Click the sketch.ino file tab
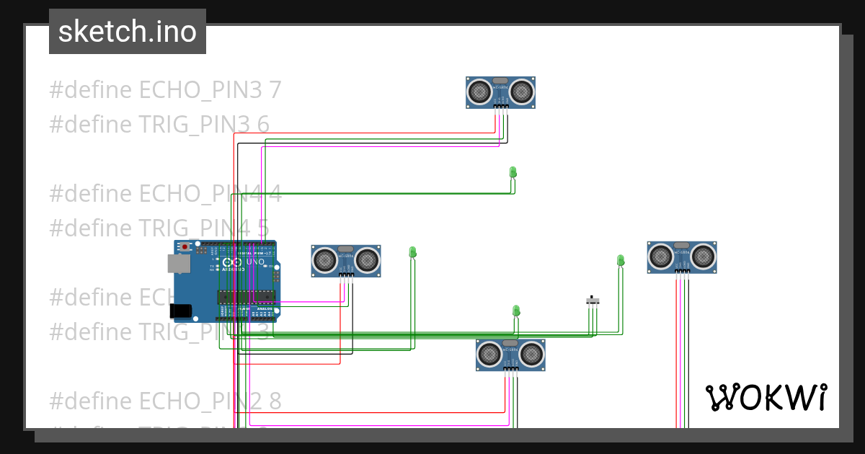click(127, 32)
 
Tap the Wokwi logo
click(766, 397)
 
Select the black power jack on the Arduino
click(182, 311)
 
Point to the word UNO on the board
click(255, 262)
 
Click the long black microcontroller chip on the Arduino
click(247, 296)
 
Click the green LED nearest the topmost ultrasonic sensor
click(513, 172)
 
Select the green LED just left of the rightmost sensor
click(621, 260)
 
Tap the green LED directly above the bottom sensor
click(516, 311)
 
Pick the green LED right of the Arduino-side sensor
click(413, 252)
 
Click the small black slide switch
click(593, 301)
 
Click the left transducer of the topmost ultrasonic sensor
click(479, 91)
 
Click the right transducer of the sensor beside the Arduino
click(368, 259)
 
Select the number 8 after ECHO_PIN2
click(275, 401)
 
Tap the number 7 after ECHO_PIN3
click(275, 90)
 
